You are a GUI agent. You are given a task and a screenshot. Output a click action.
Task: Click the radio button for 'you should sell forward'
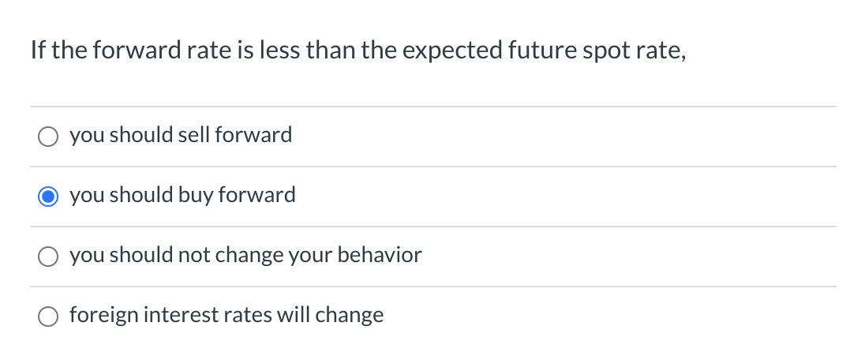[48, 137]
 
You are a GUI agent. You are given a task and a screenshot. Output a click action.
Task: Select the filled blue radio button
[48, 197]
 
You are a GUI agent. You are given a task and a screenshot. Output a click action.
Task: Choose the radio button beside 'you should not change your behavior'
[48, 257]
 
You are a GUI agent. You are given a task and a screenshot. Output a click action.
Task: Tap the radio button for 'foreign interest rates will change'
[48, 317]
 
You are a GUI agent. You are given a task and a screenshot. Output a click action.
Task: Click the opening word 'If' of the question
[37, 51]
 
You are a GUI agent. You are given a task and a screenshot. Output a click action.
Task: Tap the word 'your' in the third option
[316, 255]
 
